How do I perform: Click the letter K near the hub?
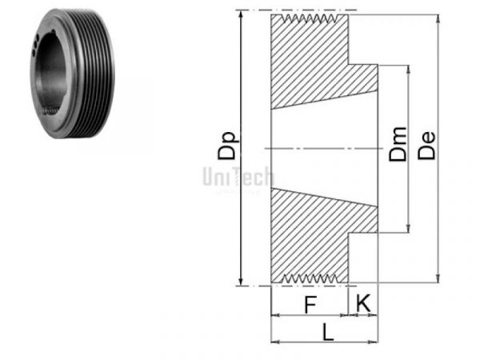(363, 303)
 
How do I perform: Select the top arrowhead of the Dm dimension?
(409, 68)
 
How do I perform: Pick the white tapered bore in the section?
(320, 149)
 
